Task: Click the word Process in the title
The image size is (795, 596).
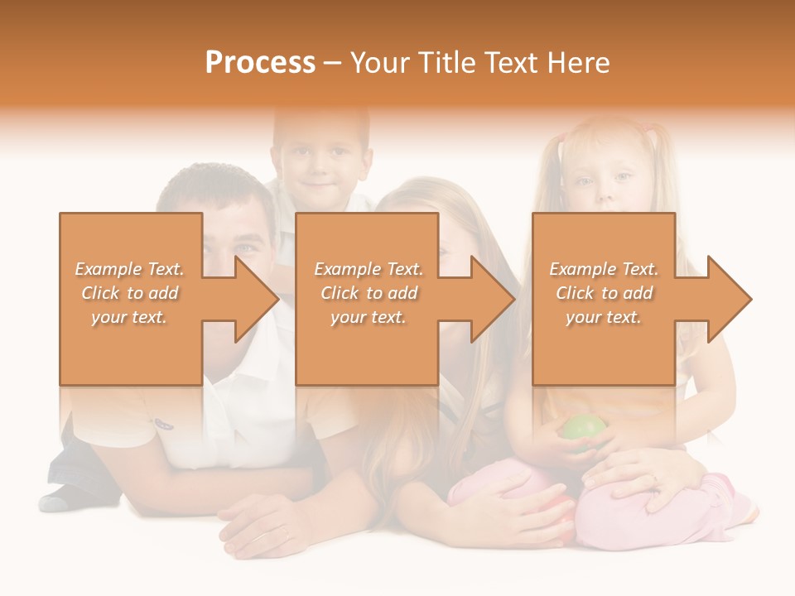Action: pos(260,63)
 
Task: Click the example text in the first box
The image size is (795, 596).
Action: pos(130,293)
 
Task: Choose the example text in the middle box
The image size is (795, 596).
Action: pos(368,293)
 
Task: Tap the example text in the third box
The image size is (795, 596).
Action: pos(604,293)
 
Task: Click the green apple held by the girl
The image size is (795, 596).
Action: pos(585,429)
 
